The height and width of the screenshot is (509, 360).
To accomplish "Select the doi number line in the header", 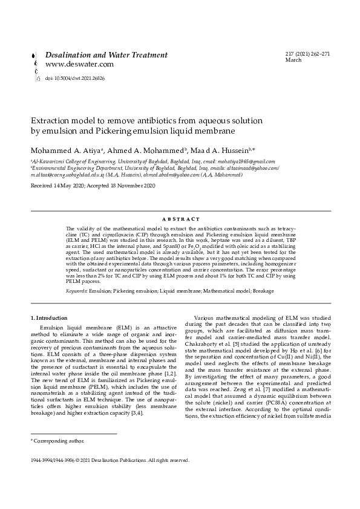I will [x=74, y=79].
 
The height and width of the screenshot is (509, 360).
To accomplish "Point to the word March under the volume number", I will [x=293, y=61].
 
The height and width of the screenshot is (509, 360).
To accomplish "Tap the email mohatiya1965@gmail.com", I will [x=246, y=161].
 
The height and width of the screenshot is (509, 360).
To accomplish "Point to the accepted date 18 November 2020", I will [x=133, y=185].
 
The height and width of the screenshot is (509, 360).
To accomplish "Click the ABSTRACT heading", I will [x=180, y=219].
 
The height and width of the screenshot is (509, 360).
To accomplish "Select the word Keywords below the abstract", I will [x=76, y=291].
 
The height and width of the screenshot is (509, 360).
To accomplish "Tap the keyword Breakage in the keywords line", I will [x=263, y=291].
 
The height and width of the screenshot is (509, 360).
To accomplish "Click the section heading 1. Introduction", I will [x=49, y=318].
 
